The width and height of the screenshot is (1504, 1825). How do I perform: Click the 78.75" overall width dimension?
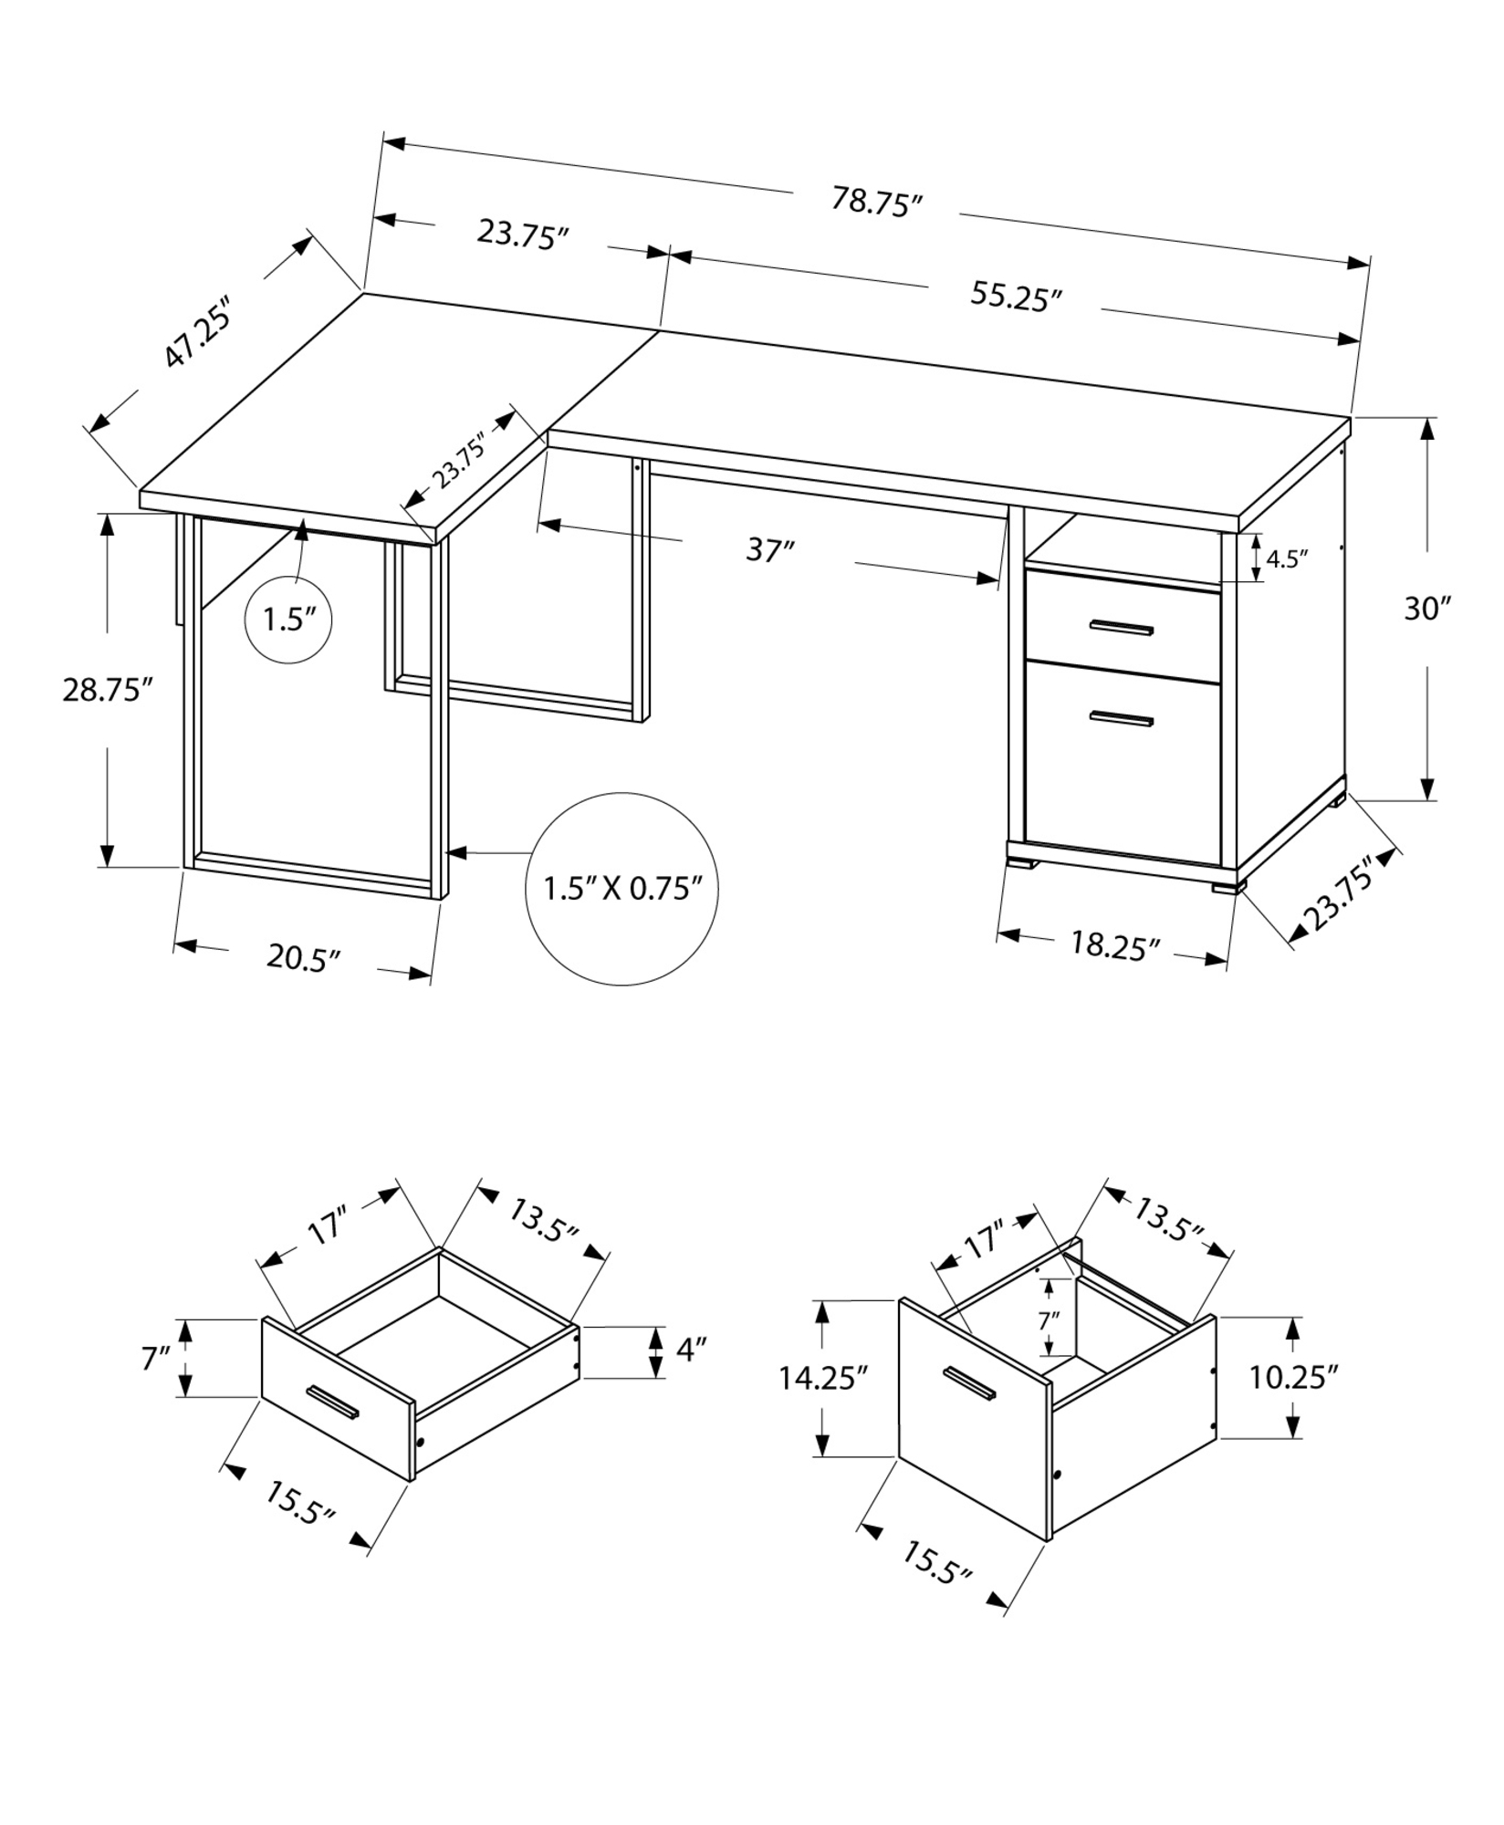(x=875, y=202)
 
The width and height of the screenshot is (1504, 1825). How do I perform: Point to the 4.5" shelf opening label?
(x=1287, y=558)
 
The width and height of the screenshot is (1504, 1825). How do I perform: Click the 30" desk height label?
(x=1426, y=609)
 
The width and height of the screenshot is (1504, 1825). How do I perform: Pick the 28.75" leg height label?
(x=106, y=689)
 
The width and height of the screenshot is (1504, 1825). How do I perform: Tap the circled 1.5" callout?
(x=288, y=620)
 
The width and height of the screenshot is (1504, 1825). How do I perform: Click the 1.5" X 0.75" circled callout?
(x=621, y=888)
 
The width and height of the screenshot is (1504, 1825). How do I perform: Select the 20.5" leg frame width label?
(x=303, y=957)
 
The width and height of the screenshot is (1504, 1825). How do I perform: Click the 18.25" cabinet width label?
(x=1114, y=945)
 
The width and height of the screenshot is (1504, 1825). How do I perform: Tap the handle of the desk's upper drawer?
(x=1121, y=627)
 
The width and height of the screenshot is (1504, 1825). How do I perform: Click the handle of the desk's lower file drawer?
(x=1121, y=718)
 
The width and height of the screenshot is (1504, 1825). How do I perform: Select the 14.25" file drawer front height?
(x=821, y=1377)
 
